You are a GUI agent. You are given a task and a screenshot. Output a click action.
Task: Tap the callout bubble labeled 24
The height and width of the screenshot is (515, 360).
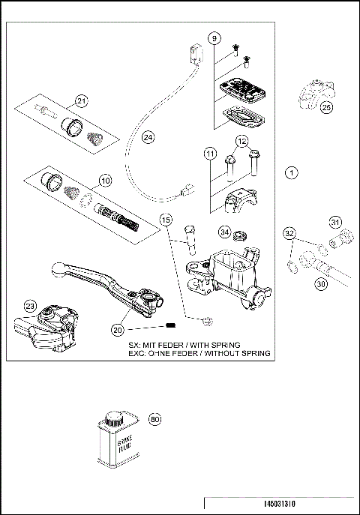pyautogui.click(x=148, y=138)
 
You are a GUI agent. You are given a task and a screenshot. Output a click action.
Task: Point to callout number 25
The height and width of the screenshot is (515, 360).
pyautogui.click(x=325, y=108)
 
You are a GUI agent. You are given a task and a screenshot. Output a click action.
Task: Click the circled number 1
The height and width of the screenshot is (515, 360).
pyautogui.click(x=292, y=172)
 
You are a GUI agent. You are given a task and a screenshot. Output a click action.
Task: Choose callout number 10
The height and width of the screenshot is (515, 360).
pyautogui.click(x=105, y=181)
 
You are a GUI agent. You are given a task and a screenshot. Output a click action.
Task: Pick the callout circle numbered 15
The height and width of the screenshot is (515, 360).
pyautogui.click(x=166, y=220)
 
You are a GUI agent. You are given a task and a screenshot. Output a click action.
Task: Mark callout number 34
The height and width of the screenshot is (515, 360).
pyautogui.click(x=225, y=232)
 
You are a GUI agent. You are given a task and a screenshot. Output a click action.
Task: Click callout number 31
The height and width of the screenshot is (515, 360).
pyautogui.click(x=336, y=221)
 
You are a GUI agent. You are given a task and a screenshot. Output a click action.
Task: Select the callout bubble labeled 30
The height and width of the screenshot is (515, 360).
pyautogui.click(x=320, y=284)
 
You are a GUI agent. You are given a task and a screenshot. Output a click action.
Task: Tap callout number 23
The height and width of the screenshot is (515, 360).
pyautogui.click(x=30, y=305)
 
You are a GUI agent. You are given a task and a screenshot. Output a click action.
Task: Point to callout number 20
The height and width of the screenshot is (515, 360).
pyautogui.click(x=118, y=329)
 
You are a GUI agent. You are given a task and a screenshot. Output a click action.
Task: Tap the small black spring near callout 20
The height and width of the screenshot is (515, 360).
pyautogui.click(x=170, y=325)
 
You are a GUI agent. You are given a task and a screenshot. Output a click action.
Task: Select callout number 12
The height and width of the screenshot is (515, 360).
pyautogui.click(x=241, y=140)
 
